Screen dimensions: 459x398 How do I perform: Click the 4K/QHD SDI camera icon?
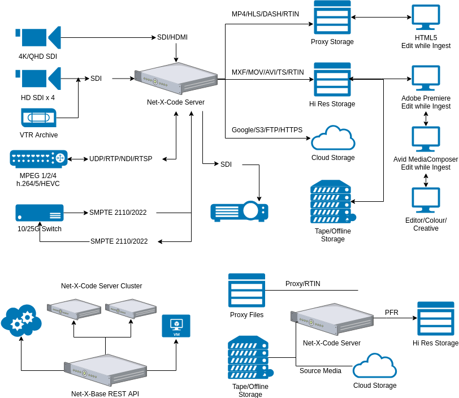pyautogui.click(x=38, y=37)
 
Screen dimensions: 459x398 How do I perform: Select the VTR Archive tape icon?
pyautogui.click(x=38, y=118)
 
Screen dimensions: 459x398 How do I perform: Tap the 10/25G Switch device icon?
pyautogui.click(x=40, y=213)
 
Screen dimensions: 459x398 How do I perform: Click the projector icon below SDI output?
pyautogui.click(x=240, y=211)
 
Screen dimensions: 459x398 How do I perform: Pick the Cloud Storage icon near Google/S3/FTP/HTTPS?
pyautogui.click(x=333, y=138)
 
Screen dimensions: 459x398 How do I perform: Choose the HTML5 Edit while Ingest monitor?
pyautogui.click(x=426, y=18)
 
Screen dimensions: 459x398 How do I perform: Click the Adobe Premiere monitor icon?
pyautogui.click(x=426, y=78)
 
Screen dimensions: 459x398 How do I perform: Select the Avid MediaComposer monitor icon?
pyautogui.click(x=426, y=139)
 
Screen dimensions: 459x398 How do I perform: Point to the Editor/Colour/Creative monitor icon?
pyautogui.click(x=426, y=200)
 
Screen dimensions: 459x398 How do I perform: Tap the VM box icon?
pyautogui.click(x=176, y=326)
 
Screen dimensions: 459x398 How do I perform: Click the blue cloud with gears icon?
pyautogui.click(x=21, y=321)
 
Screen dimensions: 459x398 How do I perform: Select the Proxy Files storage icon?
pyautogui.click(x=247, y=290)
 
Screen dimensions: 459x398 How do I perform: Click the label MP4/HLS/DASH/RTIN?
pyautogui.click(x=265, y=14)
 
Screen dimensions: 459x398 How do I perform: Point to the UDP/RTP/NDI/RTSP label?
pyautogui.click(x=120, y=159)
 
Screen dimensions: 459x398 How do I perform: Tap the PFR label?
pyautogui.click(x=392, y=313)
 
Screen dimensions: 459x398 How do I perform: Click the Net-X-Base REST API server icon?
pyautogui.click(x=105, y=370)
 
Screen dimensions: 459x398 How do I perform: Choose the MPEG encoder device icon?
pyautogui.click(x=38, y=159)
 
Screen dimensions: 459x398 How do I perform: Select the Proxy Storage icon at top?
pyautogui.click(x=332, y=18)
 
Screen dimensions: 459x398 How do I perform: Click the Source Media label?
pyautogui.click(x=321, y=371)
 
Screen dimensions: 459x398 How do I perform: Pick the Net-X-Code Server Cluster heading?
pyautogui.click(x=102, y=286)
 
